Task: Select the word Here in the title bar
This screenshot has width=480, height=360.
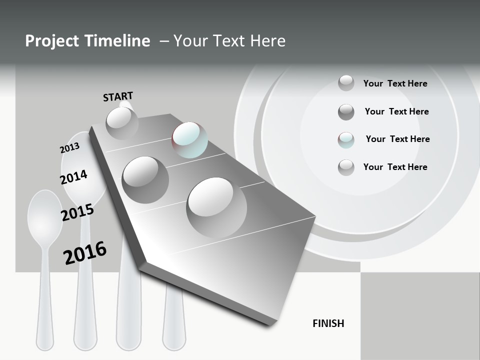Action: [x=267, y=41]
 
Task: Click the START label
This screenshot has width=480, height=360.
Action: [x=118, y=96]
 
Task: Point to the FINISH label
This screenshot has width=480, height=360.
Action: [x=328, y=323]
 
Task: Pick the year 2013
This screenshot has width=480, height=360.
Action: [x=69, y=148]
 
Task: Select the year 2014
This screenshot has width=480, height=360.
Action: [x=73, y=177]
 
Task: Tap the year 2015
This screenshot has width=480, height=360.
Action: [x=77, y=212]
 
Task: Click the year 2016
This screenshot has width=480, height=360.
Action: [x=85, y=252]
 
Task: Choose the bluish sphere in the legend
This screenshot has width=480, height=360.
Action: [x=346, y=140]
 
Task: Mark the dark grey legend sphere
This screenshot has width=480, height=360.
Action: [x=346, y=112]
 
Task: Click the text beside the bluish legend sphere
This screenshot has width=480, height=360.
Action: [x=397, y=139]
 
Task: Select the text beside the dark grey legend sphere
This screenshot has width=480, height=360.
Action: [x=396, y=111]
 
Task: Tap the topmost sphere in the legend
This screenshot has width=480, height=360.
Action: [x=346, y=83]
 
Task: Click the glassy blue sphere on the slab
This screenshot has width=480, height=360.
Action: [x=189, y=139]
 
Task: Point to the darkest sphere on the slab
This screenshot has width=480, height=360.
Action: [x=145, y=179]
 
